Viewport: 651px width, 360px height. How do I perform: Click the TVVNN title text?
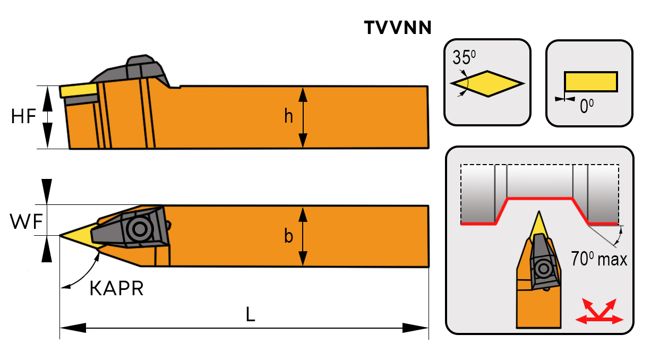tap(398, 28)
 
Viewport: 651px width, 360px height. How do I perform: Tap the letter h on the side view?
tap(288, 116)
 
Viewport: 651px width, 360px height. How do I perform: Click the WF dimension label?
tap(25, 222)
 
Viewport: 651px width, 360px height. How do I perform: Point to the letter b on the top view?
tap(288, 236)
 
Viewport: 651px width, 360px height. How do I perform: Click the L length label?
tap(251, 315)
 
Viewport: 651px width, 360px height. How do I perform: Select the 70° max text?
tap(599, 259)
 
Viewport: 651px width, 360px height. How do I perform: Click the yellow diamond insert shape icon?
tap(487, 83)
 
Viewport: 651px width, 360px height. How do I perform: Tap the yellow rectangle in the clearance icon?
tap(590, 82)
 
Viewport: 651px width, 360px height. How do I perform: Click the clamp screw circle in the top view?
tap(140, 229)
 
